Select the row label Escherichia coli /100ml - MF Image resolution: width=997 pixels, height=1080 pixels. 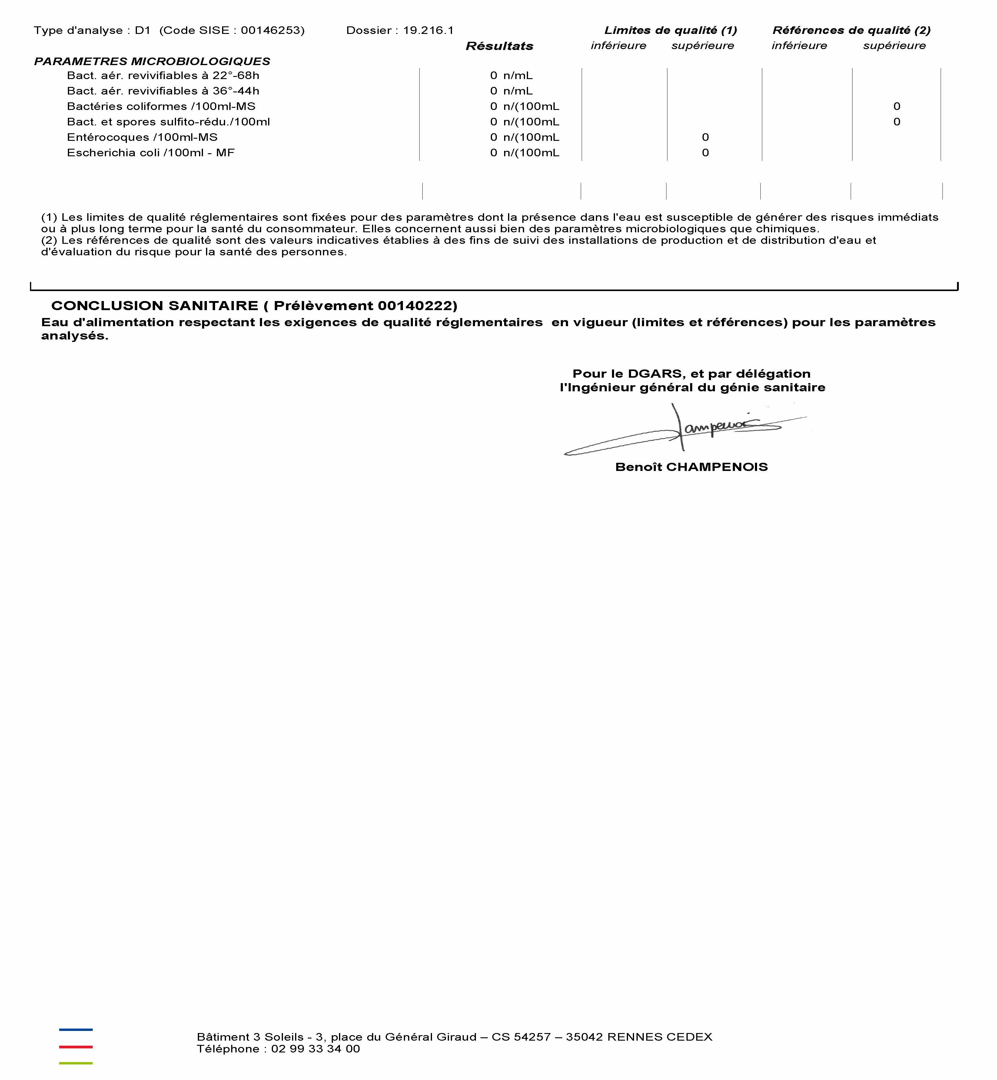pos(151,153)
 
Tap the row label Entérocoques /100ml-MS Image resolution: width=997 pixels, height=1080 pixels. pos(142,137)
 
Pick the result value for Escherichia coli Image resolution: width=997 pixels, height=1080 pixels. pos(524,153)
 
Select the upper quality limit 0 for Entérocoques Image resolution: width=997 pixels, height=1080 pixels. pos(705,137)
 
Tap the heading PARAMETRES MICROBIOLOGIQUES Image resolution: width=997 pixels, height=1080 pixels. pos(152,61)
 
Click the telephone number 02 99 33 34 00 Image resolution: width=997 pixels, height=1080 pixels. pos(316,1049)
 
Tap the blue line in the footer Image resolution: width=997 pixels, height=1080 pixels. pos(75,1030)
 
